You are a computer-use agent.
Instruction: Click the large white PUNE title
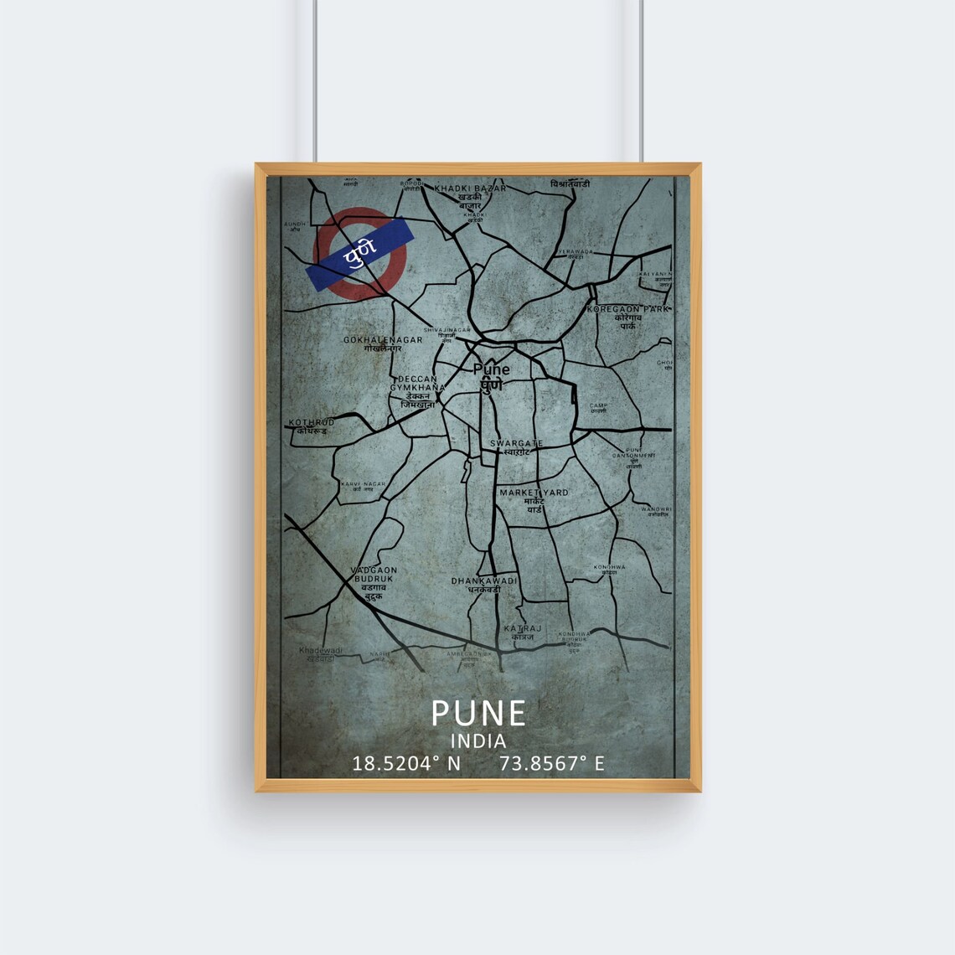click(x=478, y=713)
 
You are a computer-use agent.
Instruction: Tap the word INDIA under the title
click(x=478, y=741)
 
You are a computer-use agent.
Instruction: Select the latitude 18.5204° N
click(x=406, y=763)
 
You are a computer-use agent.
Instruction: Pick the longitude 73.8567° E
click(x=551, y=763)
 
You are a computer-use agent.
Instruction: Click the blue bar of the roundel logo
click(x=361, y=253)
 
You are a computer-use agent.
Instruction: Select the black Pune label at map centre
click(x=491, y=369)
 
